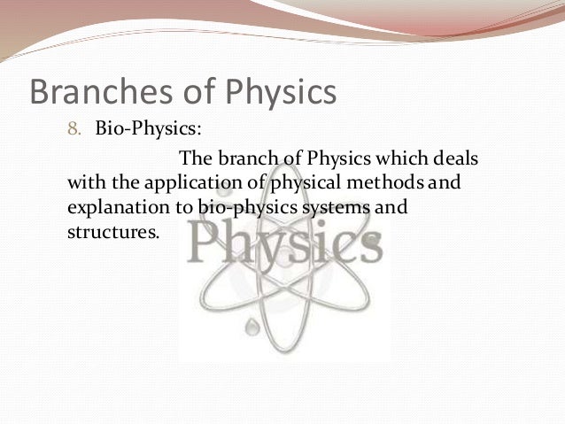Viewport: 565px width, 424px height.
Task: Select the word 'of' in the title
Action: click(182, 92)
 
